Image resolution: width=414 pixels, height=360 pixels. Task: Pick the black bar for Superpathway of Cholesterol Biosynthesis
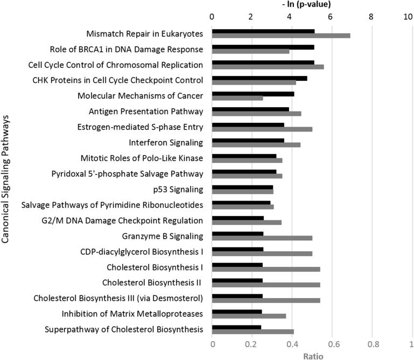[x=236, y=327]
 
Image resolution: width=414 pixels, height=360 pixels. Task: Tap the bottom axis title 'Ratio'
[x=313, y=355]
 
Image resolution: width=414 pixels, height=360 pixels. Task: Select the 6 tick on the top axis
[x=332, y=17]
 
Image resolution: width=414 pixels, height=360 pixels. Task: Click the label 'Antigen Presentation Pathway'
[x=145, y=112]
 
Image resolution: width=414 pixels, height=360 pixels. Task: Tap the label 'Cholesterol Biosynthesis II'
[x=152, y=282]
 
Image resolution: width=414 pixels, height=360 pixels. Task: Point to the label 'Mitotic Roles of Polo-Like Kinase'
[x=141, y=158]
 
